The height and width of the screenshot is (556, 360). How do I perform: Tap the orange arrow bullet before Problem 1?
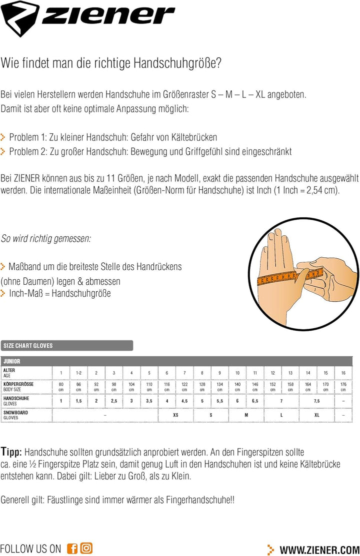3,137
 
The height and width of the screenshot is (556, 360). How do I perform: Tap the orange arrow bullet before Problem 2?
3,151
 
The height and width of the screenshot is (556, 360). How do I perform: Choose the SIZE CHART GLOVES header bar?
67,345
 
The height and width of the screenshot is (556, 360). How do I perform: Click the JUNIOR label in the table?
12,361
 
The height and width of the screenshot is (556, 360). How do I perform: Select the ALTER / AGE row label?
10,372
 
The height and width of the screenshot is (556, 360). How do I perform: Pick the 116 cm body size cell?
167,386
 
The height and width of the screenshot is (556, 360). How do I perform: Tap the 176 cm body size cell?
343,386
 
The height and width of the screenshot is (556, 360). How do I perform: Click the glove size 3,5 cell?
149,401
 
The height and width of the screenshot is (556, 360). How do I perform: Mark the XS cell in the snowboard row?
175,415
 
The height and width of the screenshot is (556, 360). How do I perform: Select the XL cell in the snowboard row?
316,415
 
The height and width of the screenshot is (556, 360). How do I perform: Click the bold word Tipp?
11,452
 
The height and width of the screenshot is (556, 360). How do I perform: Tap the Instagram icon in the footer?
86,548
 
